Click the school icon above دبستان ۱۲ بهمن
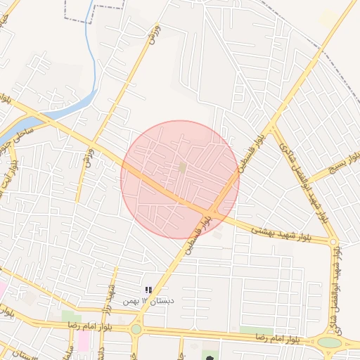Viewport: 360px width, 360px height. tap(148, 290)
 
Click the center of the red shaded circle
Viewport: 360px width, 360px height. tap(180, 179)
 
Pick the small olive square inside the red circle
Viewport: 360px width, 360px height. tap(183, 167)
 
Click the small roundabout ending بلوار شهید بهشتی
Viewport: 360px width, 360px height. tap(333, 242)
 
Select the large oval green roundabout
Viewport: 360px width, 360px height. tap(329, 342)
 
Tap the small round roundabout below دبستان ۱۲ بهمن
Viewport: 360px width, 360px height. tap(136, 328)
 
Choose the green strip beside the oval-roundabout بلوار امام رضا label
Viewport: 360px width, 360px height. tap(255, 330)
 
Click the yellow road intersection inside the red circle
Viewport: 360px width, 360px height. tap(213, 211)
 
